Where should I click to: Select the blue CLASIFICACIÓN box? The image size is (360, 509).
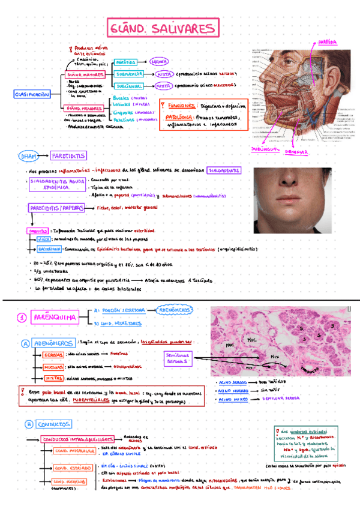click(x=32, y=95)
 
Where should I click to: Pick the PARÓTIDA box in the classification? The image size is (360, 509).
click(x=127, y=62)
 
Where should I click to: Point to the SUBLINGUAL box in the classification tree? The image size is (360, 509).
click(x=130, y=86)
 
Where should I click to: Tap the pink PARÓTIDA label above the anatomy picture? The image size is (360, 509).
click(x=327, y=43)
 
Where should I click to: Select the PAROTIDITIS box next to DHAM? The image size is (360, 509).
click(x=67, y=156)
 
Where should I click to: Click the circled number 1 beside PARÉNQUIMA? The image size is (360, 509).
click(x=20, y=317)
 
